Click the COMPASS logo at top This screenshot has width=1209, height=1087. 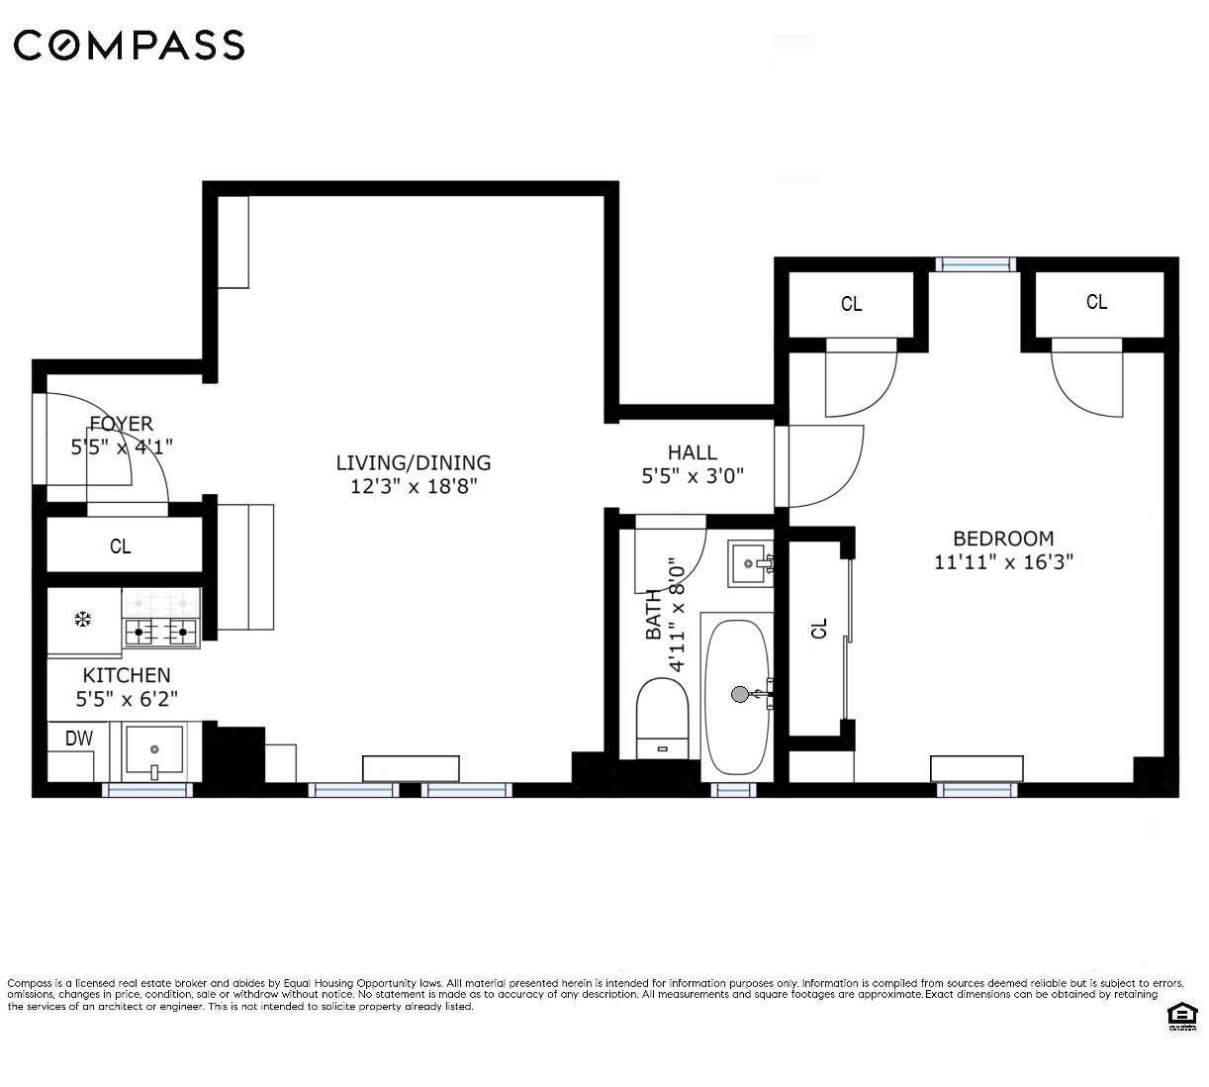(x=130, y=45)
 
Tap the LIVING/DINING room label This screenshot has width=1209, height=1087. (x=413, y=462)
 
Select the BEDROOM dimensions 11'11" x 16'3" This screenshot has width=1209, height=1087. (x=1003, y=562)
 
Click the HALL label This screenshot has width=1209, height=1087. (x=692, y=452)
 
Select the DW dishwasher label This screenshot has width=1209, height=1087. (x=79, y=738)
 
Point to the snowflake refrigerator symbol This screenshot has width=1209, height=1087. (x=83, y=620)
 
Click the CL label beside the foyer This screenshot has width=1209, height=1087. (x=121, y=546)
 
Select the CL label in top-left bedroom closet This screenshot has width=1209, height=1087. (x=851, y=304)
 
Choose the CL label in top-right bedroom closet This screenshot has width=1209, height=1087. (x=1096, y=302)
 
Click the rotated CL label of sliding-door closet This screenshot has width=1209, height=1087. (x=818, y=629)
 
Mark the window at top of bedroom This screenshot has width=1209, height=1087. (x=976, y=263)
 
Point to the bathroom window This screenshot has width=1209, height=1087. (x=733, y=789)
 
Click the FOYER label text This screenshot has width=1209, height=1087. (x=121, y=425)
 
